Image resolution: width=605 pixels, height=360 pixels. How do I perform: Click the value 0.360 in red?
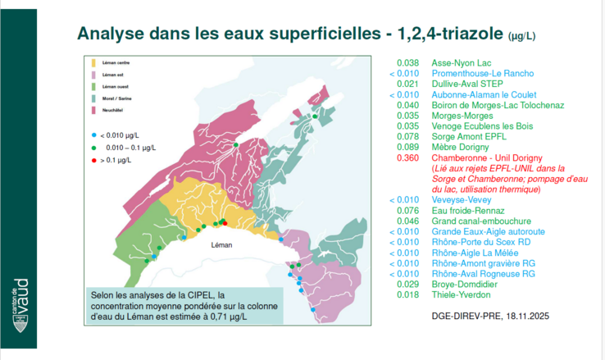407,157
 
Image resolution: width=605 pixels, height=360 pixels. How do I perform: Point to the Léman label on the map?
222,245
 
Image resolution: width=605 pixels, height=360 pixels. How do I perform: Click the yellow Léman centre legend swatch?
95,62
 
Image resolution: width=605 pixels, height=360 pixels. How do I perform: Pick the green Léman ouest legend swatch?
95,86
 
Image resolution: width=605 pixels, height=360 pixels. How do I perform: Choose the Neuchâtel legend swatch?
95,110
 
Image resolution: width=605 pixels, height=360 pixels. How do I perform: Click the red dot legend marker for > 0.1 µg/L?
94,159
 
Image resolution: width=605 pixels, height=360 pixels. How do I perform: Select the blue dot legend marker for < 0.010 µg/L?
94,134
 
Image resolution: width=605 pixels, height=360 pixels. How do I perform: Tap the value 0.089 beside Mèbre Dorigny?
407,147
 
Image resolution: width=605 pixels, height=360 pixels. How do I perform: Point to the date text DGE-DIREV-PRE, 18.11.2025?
489,315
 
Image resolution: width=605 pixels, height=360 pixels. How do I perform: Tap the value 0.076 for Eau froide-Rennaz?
407,210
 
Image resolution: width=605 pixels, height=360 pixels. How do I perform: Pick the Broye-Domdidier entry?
467,284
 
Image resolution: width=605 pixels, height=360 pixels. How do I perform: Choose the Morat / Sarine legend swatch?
95,98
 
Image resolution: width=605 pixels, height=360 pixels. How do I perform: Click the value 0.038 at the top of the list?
407,62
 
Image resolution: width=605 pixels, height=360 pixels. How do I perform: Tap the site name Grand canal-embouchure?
480,221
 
